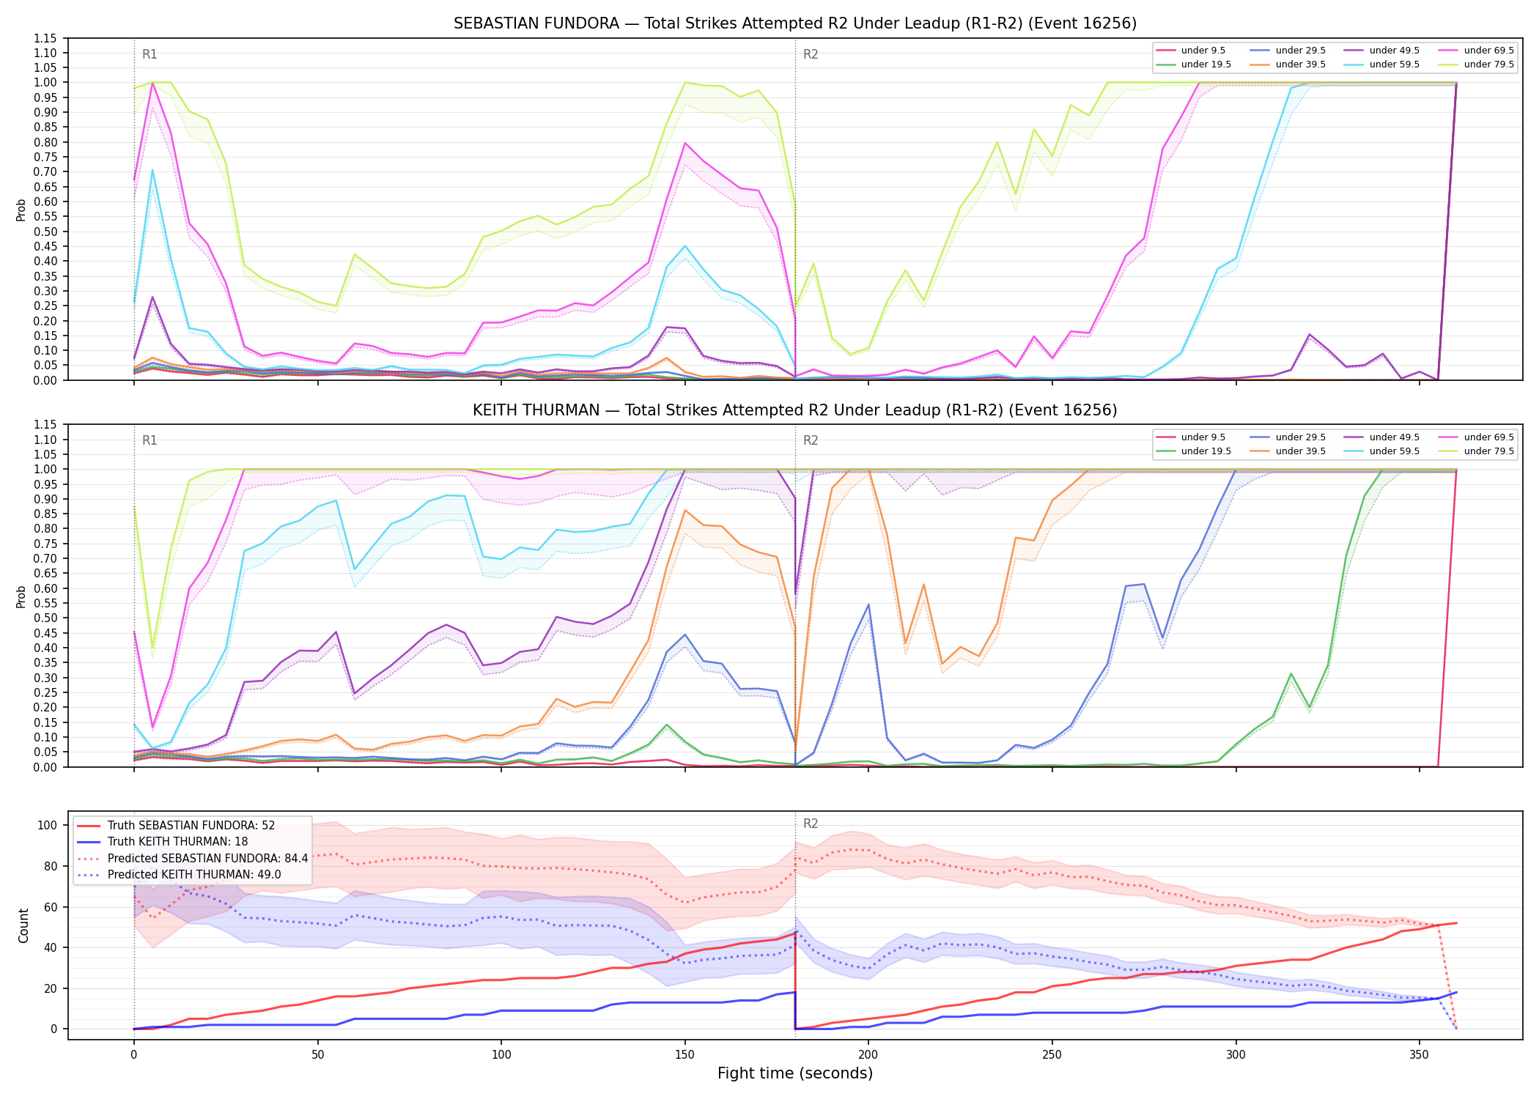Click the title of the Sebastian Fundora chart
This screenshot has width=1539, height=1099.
pyautogui.click(x=795, y=23)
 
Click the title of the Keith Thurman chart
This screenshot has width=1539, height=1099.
pyautogui.click(x=795, y=410)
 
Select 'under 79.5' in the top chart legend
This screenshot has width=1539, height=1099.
pyautogui.click(x=1489, y=64)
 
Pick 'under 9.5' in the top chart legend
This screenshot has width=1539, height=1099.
pyautogui.click(x=1203, y=51)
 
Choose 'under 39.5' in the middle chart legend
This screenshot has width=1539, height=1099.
pyautogui.click(x=1301, y=451)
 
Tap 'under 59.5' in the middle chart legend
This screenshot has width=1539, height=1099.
pyautogui.click(x=1395, y=451)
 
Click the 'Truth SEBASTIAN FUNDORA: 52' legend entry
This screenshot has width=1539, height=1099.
pyautogui.click(x=191, y=826)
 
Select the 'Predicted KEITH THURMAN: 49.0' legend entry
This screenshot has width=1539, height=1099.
pyautogui.click(x=194, y=875)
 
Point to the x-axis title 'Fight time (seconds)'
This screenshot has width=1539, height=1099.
pyautogui.click(x=795, y=1073)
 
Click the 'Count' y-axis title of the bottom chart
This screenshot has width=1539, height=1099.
pyautogui.click(x=23, y=925)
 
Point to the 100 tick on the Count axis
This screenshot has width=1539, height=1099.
pyautogui.click(x=48, y=825)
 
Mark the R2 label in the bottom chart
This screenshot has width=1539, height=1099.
pyautogui.click(x=811, y=824)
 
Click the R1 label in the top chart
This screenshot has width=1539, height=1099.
pyautogui.click(x=150, y=54)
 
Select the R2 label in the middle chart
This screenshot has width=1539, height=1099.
pyautogui.click(x=811, y=440)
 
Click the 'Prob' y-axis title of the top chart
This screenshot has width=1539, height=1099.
pyautogui.click(x=21, y=210)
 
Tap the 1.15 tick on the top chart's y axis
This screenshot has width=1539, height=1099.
pyautogui.click(x=45, y=38)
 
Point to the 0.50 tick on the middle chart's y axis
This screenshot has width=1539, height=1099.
pyautogui.click(x=45, y=618)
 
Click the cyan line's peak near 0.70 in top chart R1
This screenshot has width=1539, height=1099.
pyautogui.click(x=152, y=170)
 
